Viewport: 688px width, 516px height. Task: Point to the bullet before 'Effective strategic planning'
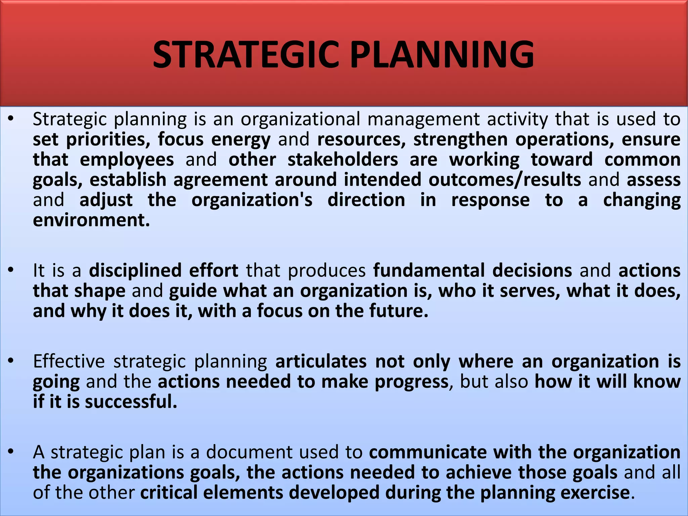(x=11, y=361)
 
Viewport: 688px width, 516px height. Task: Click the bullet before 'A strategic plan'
(x=11, y=451)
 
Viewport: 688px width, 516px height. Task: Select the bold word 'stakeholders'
(x=343, y=160)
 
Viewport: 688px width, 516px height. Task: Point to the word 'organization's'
(x=252, y=200)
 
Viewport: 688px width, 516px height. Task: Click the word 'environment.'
(x=91, y=220)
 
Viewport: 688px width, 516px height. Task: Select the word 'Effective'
(x=69, y=361)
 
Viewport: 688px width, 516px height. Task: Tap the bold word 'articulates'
(x=321, y=361)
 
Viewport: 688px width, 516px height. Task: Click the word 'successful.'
(x=131, y=402)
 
